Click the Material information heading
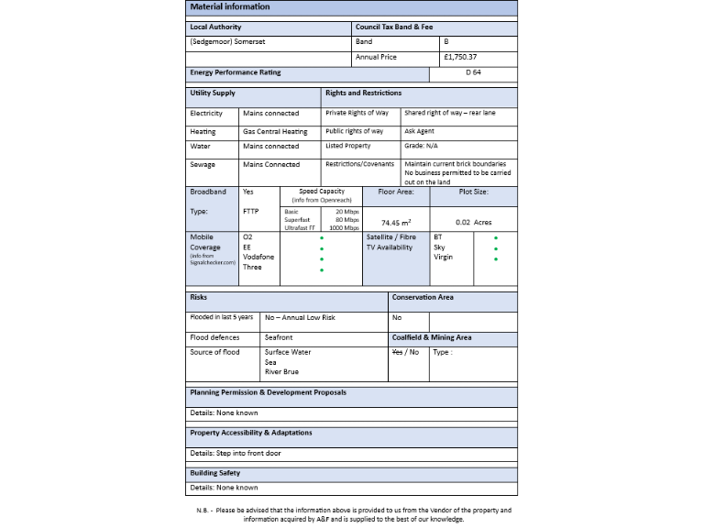coord(230,6)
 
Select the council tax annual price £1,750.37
coord(459,57)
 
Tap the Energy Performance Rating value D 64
coord(473,72)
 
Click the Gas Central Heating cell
coord(275,131)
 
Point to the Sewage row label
coord(202,165)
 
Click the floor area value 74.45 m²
coord(396,222)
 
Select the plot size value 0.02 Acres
coord(474,222)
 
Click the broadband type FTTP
coord(251,211)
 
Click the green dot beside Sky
coord(496,247)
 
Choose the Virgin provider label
coord(443,258)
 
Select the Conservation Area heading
coord(423,298)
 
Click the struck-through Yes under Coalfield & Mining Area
coord(397,352)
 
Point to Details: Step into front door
coord(236,454)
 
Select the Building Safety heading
coord(215,473)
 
